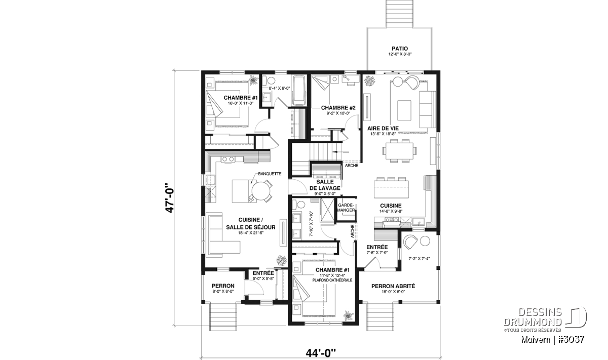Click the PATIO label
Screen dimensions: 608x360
click(x=400, y=49)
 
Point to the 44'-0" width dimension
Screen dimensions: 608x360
click(x=321, y=353)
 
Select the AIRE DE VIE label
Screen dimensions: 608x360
click(x=383, y=128)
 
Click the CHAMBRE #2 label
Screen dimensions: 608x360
click(x=338, y=108)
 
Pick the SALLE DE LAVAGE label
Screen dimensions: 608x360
click(x=325, y=185)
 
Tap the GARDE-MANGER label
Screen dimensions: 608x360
click(x=346, y=208)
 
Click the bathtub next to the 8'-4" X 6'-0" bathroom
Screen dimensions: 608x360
click(x=298, y=91)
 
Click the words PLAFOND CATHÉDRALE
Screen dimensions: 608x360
click(x=332, y=280)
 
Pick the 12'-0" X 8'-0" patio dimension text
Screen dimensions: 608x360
click(x=400, y=54)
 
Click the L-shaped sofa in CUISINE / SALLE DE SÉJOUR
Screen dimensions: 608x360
click(x=222, y=235)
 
